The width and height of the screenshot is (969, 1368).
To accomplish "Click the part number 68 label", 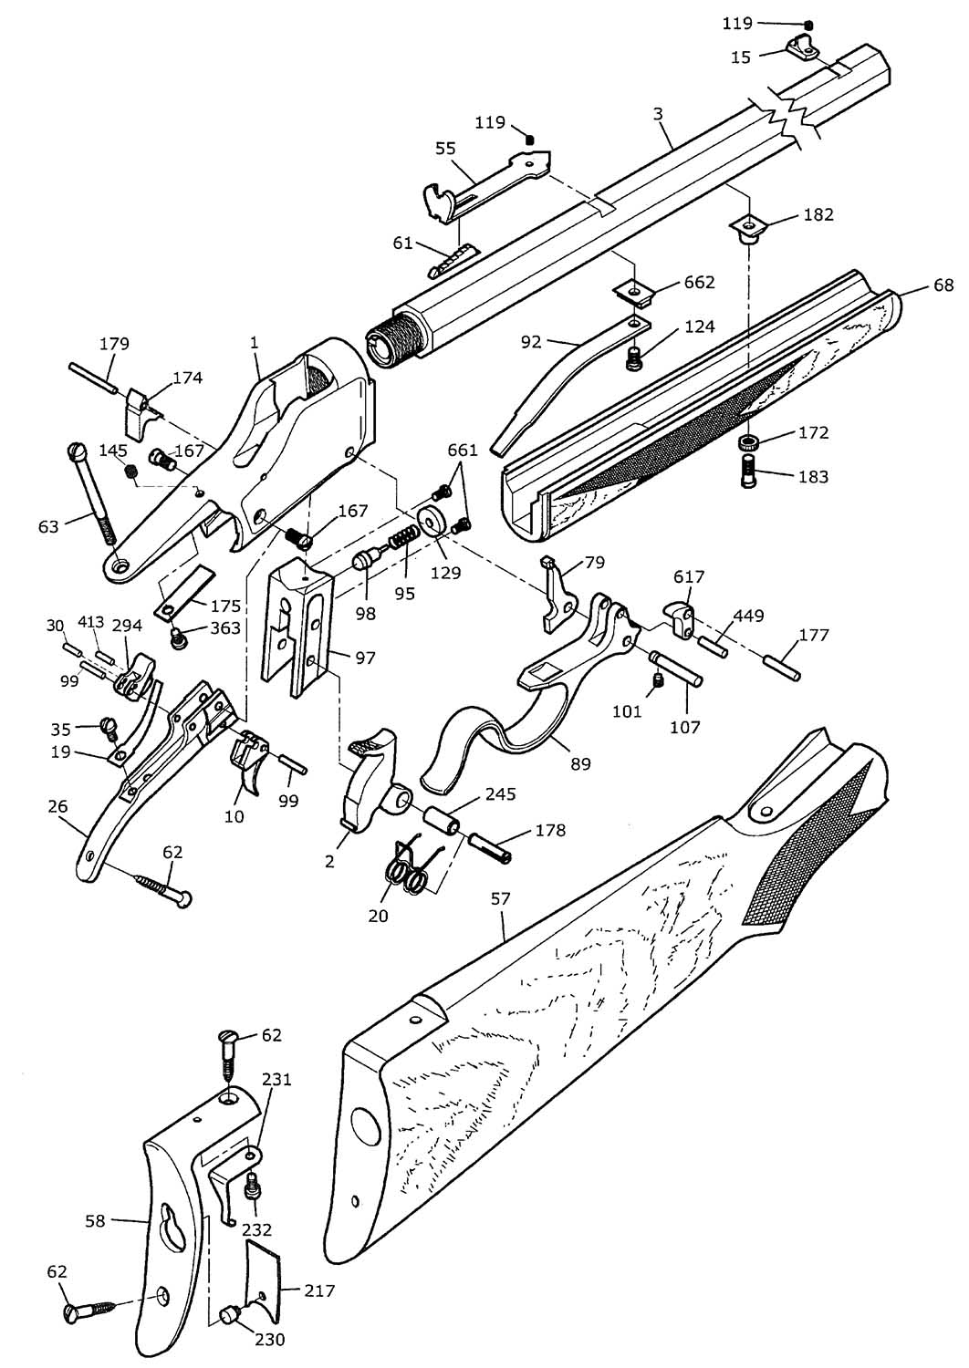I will (943, 285).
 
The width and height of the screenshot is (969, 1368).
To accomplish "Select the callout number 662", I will (700, 282).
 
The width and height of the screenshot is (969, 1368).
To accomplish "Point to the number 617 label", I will (689, 577).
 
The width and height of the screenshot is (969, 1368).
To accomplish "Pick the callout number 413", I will (90, 624).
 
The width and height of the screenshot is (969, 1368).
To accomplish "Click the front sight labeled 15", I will (800, 47).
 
